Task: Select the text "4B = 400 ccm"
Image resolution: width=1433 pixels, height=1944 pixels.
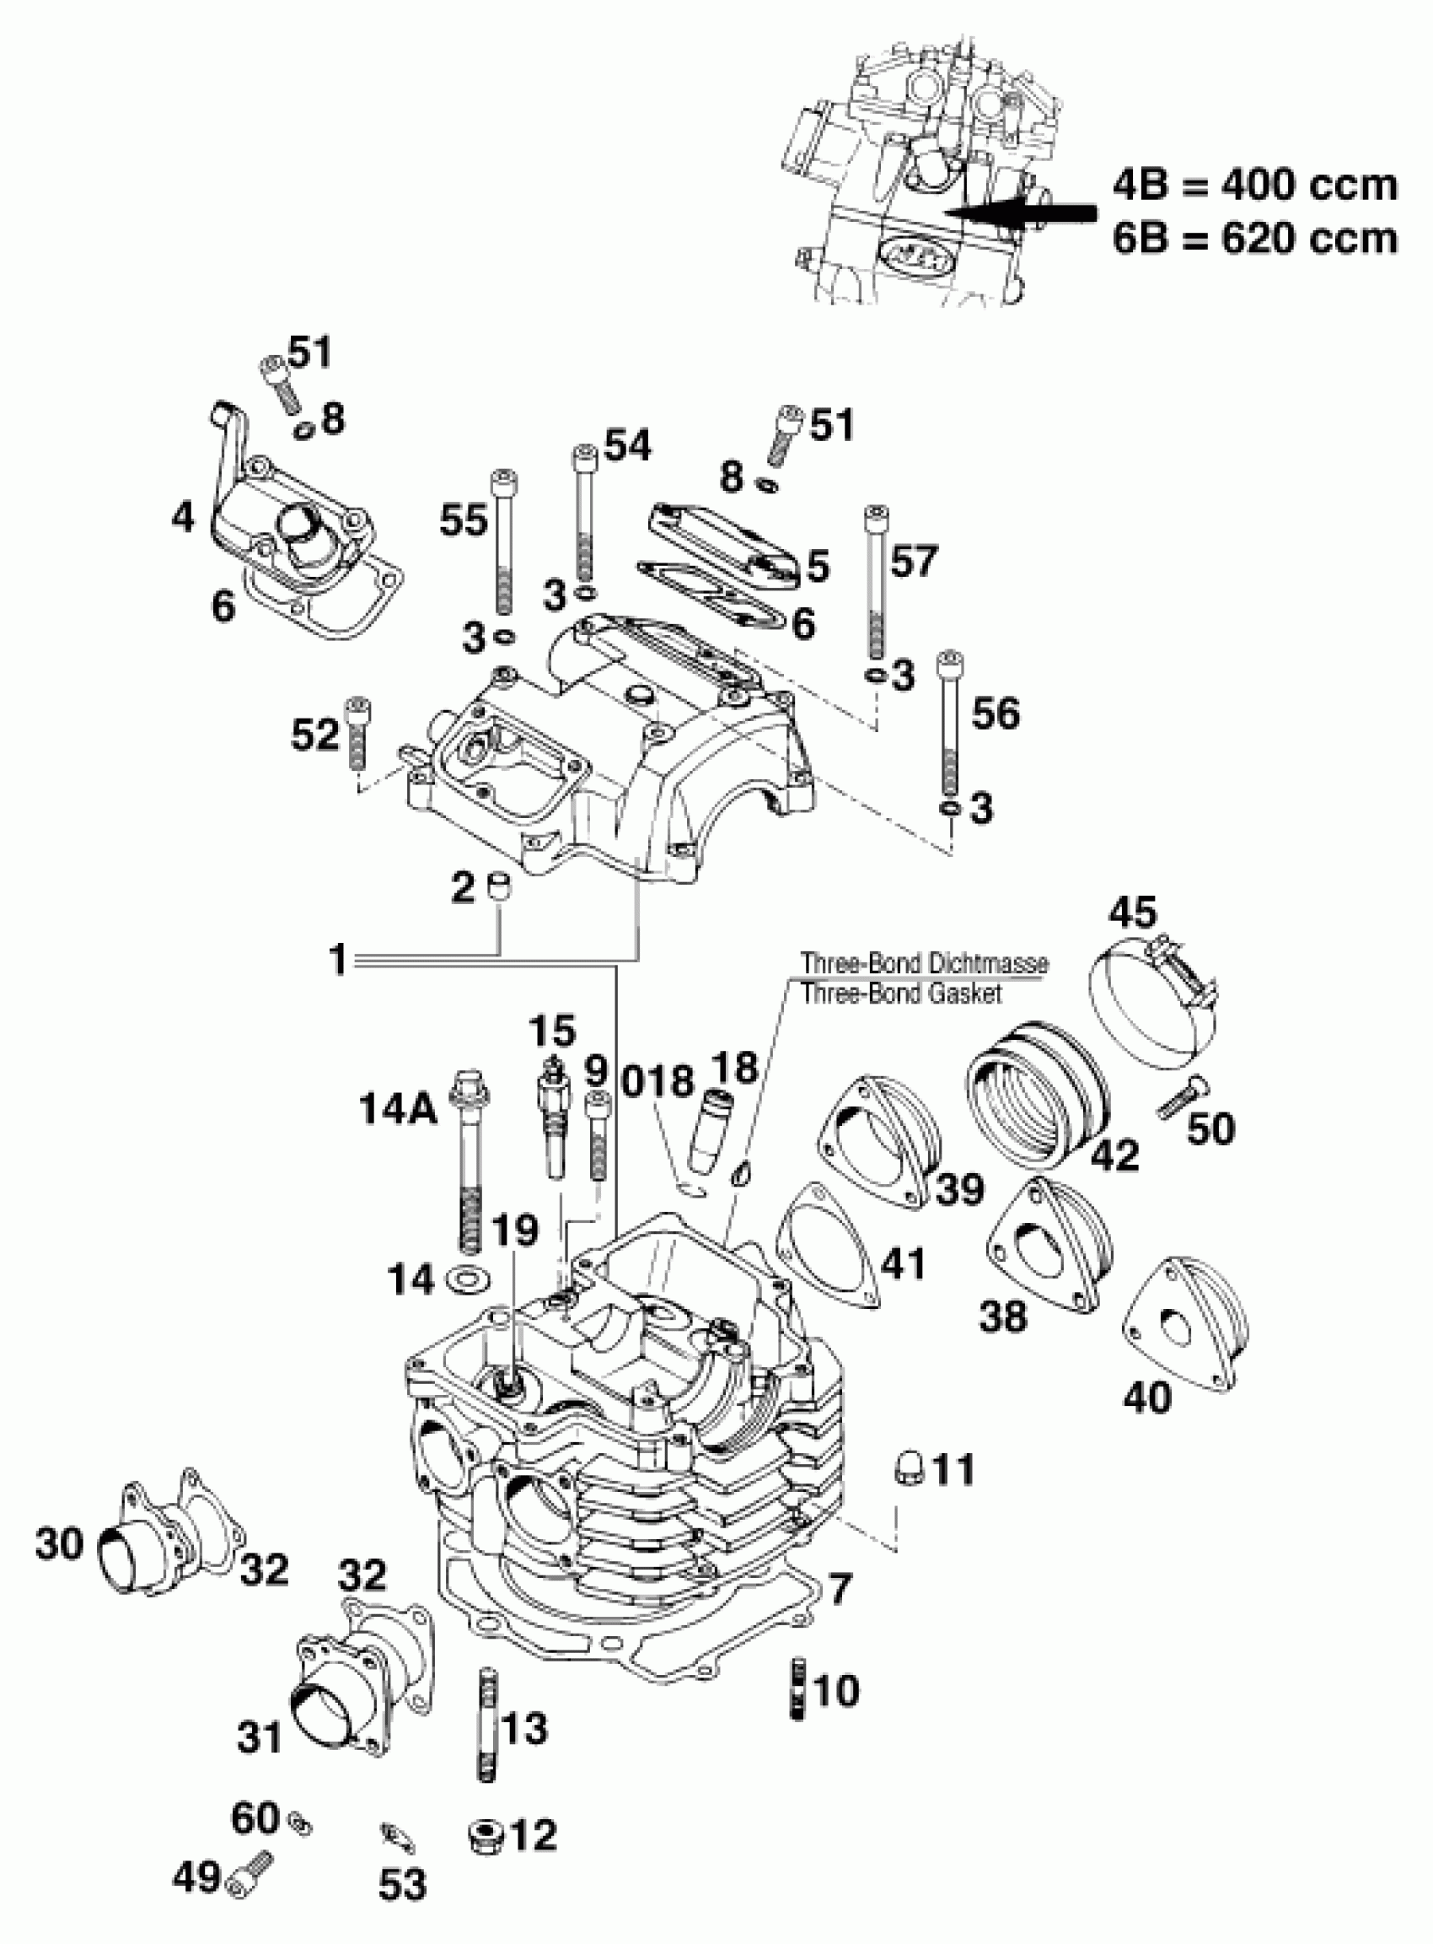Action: click(x=1255, y=186)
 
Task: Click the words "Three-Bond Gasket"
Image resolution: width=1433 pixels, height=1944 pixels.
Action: click(x=901, y=993)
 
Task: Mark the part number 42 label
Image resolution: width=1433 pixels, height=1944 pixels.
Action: click(x=1114, y=1155)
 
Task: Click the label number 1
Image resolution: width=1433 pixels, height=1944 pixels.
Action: click(x=337, y=960)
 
